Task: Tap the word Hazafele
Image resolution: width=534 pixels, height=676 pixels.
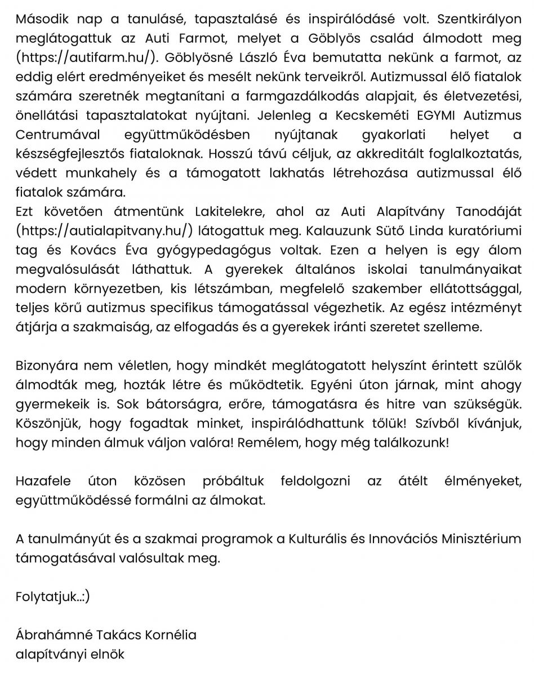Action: [43, 481]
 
